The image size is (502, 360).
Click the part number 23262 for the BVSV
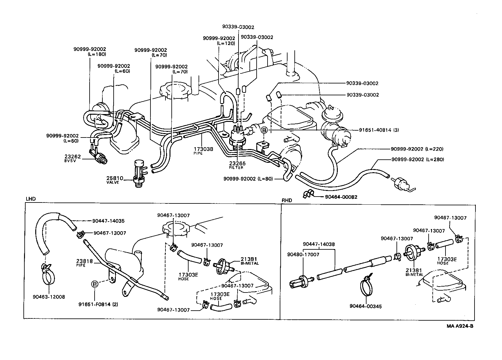pos(73,157)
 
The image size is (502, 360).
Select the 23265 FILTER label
pos(238,165)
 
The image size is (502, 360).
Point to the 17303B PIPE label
pos(203,151)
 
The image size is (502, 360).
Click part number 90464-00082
pos(341,197)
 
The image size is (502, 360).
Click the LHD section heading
pos(31,199)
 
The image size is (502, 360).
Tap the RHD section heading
pos(287,200)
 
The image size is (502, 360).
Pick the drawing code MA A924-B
pos(460,326)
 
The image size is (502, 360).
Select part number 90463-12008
pos(49,297)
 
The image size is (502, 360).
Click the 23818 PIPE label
pos(85,262)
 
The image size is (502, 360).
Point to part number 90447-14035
pos(108,221)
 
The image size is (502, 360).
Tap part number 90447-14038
pos(319,244)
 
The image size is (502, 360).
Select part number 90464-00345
pos(366,306)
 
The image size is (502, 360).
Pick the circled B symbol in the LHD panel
pos(95,284)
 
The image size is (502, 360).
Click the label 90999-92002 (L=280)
pos(417,159)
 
